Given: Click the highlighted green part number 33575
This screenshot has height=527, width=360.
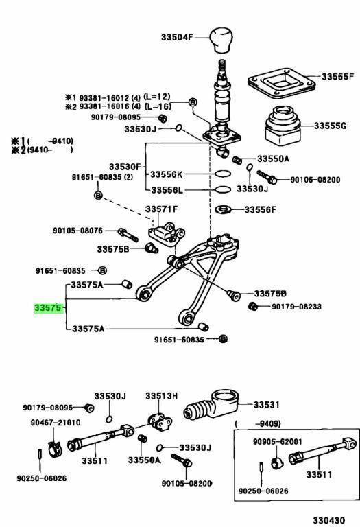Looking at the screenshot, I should pos(49,309).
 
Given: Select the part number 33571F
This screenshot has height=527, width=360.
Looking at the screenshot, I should pos(160,209).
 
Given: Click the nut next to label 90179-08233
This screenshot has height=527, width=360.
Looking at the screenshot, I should pos(253,306).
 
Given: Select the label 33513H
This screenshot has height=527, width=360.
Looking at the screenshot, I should pos(161,396).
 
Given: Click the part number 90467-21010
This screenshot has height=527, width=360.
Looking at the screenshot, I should pos(56,422).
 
